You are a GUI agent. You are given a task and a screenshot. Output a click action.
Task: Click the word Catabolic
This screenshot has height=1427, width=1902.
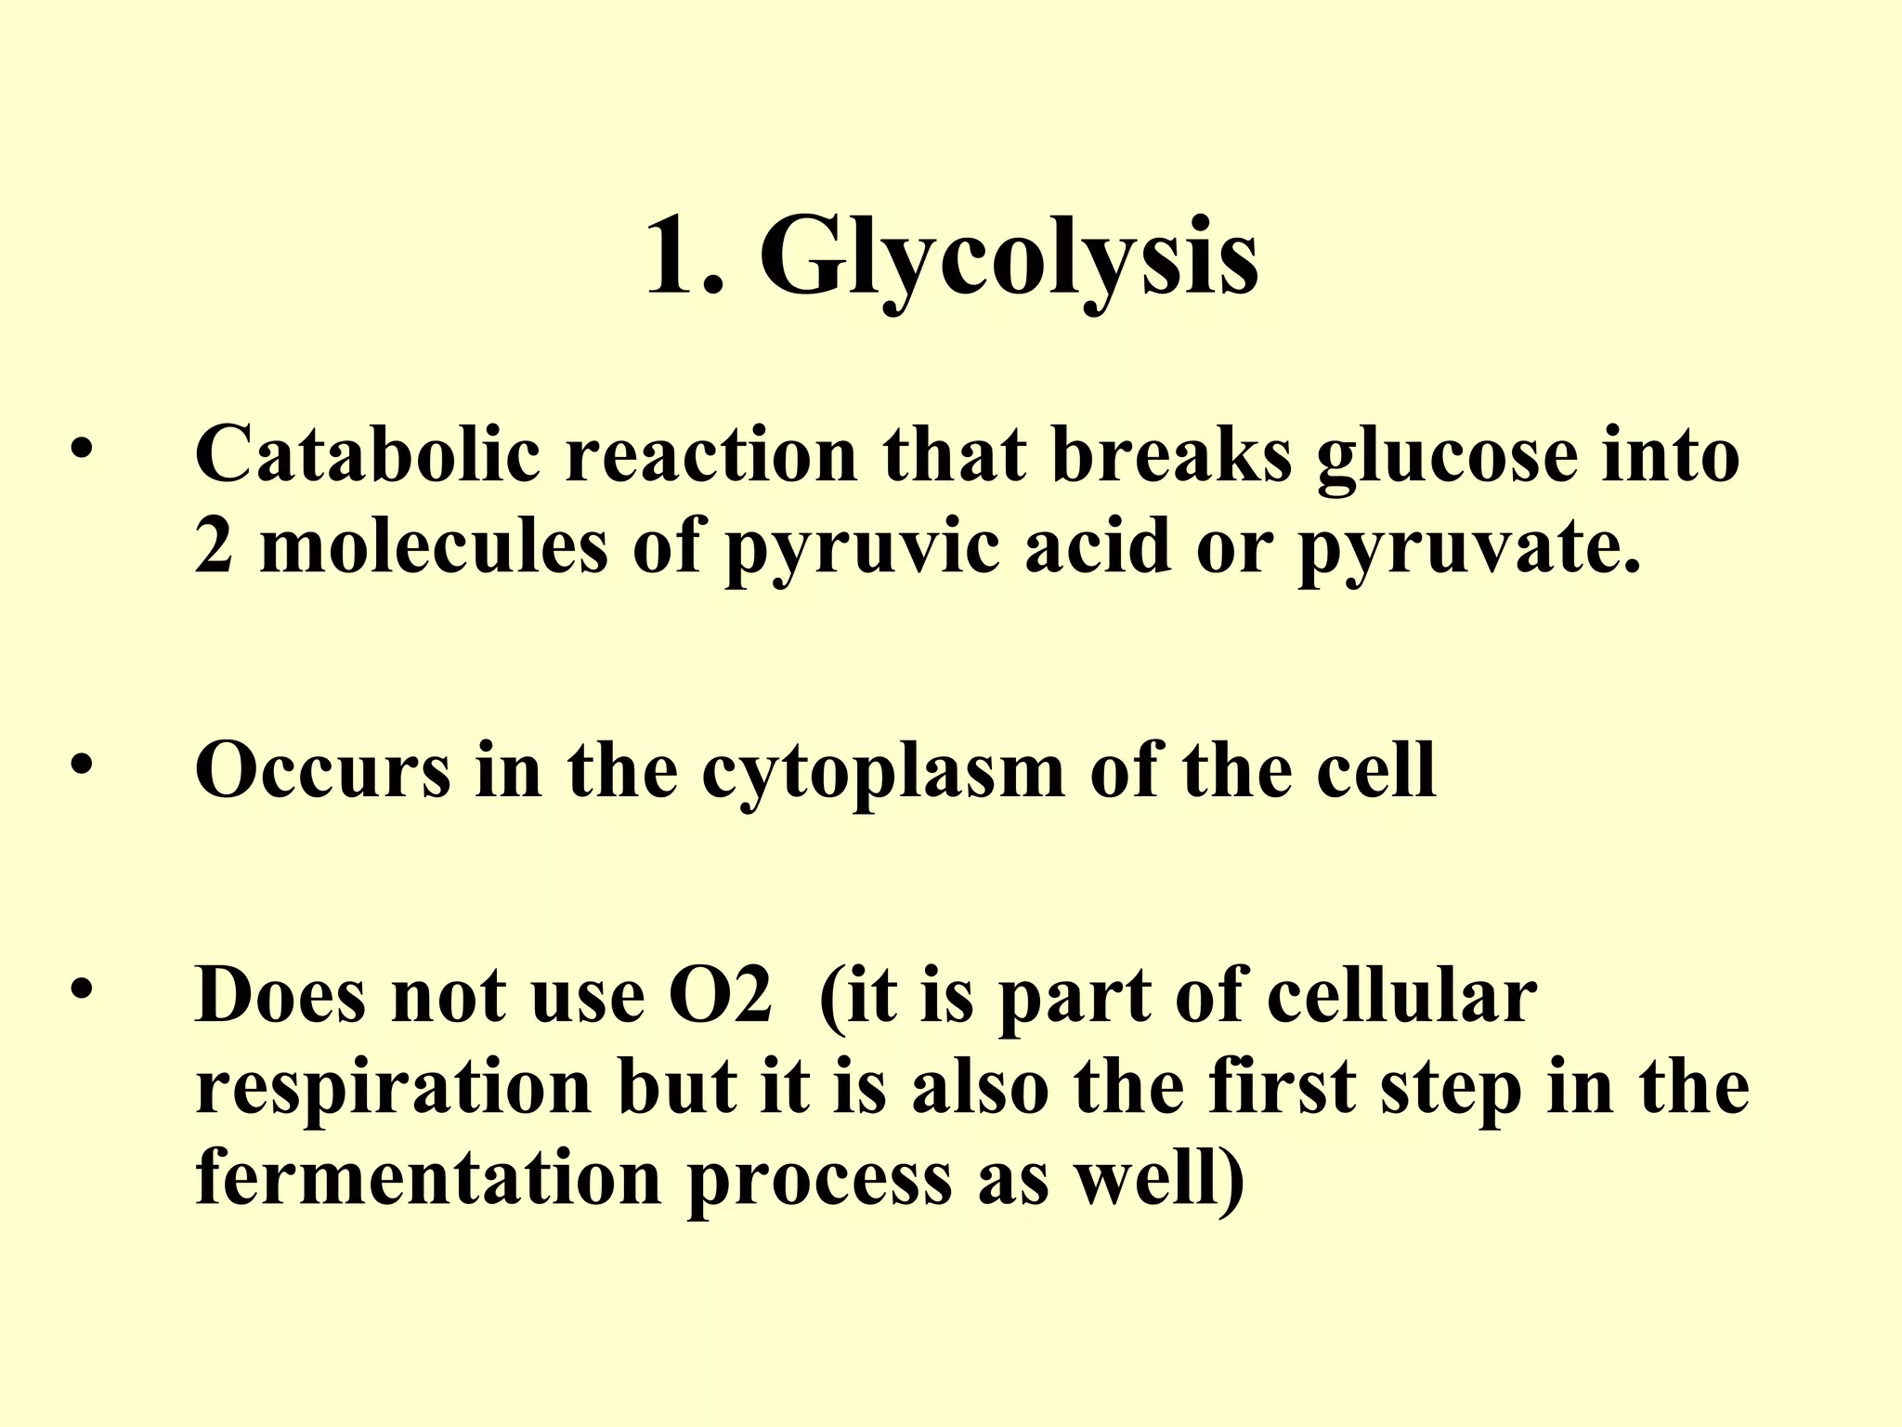[368, 455]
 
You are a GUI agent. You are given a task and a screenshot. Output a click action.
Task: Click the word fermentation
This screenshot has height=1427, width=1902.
[428, 1178]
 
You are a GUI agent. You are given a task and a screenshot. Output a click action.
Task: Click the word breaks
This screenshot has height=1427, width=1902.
[1172, 455]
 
